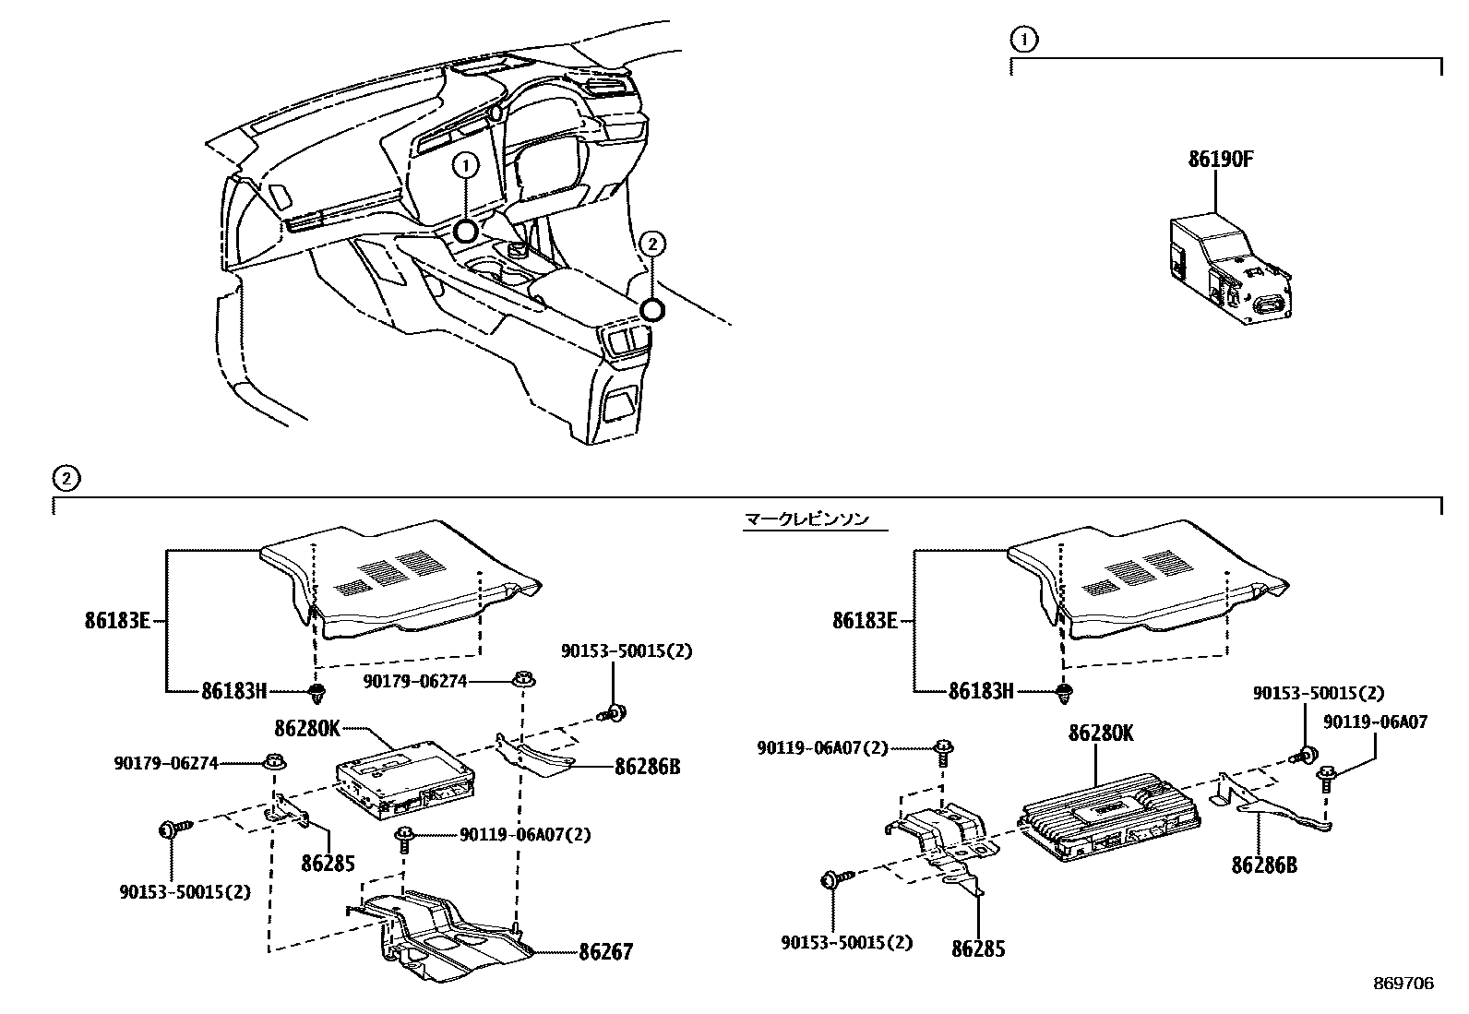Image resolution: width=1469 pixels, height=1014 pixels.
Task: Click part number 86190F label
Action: coord(1220,160)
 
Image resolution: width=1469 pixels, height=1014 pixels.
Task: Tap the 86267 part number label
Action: coord(606,951)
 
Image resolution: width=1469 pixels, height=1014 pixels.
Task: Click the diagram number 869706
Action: coord(1403,984)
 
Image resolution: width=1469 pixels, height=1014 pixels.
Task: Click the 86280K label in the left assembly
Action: coord(307,728)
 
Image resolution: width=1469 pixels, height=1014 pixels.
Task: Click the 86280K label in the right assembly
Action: coord(1101,734)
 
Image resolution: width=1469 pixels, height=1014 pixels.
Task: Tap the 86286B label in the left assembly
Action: coord(647,766)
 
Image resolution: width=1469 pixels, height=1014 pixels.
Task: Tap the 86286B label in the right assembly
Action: coord(1263,865)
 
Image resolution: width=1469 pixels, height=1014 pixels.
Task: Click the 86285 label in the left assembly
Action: coord(328,863)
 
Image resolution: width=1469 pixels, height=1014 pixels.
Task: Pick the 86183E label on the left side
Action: coord(116,620)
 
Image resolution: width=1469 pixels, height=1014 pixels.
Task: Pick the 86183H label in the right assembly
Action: coord(981,690)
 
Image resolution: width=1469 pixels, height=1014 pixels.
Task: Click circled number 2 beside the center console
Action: coord(651,244)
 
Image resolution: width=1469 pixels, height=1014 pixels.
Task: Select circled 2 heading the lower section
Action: coord(66,478)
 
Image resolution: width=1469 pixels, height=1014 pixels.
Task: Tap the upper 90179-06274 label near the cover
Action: coord(414,681)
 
